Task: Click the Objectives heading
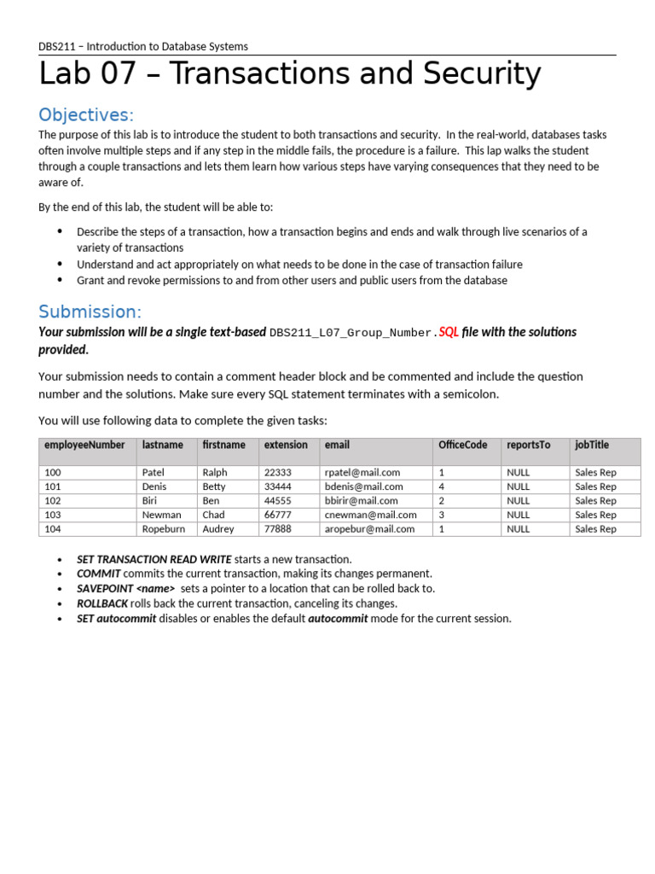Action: [86, 115]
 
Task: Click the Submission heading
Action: [90, 312]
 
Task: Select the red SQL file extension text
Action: [449, 332]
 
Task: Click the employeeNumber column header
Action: [84, 446]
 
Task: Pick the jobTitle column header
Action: [592, 446]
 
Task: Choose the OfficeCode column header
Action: [462, 446]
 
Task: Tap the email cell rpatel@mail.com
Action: [362, 472]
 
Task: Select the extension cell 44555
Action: [277, 501]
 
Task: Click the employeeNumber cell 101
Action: [53, 487]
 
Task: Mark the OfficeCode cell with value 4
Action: [441, 487]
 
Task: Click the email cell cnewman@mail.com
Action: [370, 515]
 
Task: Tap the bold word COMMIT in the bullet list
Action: [98, 574]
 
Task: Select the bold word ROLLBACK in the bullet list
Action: [101, 603]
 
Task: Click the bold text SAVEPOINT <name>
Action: [125, 589]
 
